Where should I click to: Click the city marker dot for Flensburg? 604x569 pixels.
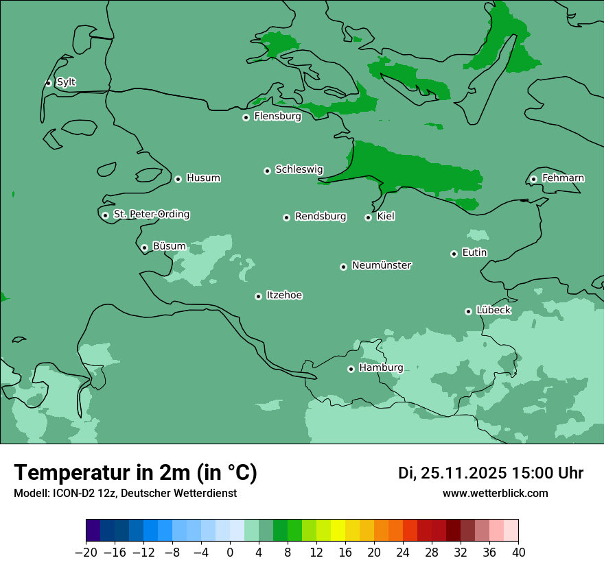246,117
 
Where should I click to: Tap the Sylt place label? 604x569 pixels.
66,82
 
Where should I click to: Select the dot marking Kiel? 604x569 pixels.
368,217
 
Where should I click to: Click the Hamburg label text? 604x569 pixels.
381,367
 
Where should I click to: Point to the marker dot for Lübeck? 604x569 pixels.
468,311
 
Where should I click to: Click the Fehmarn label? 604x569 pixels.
563,178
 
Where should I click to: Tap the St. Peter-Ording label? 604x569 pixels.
151,215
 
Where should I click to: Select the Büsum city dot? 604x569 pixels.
144,247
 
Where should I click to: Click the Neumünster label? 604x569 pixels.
381,265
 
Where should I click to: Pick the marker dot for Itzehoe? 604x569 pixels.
258,296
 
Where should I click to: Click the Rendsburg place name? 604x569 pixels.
321,217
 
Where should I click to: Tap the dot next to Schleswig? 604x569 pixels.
267,171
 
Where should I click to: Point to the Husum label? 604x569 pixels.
203,178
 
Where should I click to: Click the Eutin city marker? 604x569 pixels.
454,254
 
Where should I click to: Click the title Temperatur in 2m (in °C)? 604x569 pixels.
135,472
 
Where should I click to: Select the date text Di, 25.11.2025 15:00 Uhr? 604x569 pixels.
490,473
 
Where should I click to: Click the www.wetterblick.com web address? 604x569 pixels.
495,493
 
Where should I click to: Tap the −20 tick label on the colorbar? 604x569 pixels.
86,553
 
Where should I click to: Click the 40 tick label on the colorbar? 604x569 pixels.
518,553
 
